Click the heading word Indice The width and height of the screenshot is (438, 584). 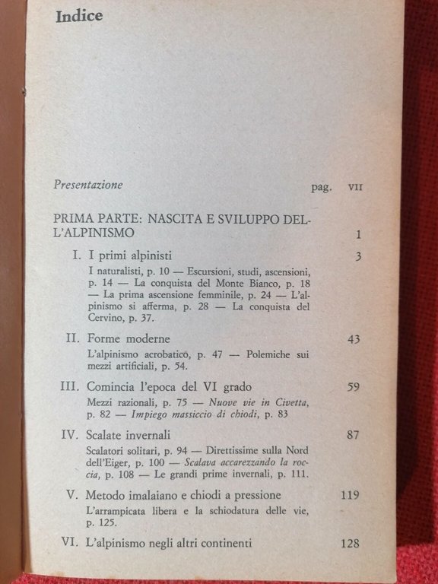click(79, 16)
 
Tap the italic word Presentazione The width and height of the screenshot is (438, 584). click(88, 184)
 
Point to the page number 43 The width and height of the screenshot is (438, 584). click(353, 339)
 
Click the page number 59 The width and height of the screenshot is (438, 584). click(353, 387)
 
